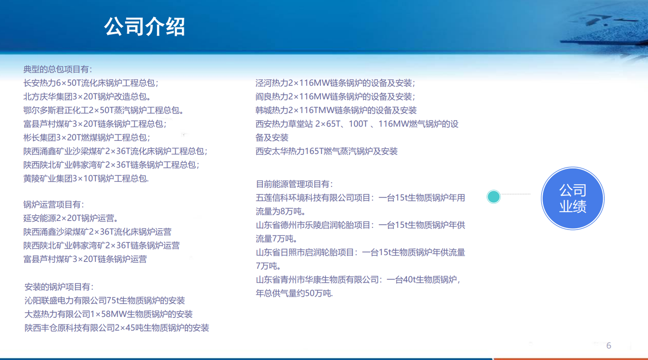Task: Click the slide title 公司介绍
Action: pos(144,27)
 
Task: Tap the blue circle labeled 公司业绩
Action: pos(572,198)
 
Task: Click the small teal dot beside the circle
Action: pos(494,197)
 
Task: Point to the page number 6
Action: pos(609,346)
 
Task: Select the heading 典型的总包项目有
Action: pos(58,69)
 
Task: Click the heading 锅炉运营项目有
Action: pos(54,205)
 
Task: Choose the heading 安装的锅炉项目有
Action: pos(59,287)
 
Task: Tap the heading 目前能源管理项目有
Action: pos(294,184)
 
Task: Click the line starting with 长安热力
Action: pos(91,83)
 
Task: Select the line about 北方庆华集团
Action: pos(87,97)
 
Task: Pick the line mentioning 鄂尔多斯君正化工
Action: pos(103,110)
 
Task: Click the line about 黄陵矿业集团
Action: pos(86,179)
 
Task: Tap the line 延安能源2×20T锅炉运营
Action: pos(71,218)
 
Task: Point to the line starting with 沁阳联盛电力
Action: pos(105,301)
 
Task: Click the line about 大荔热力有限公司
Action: pos(108,314)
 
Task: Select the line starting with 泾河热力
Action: pos(335,83)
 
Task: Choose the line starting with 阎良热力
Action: pos(335,97)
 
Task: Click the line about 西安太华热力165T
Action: pos(327,151)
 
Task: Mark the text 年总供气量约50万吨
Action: pos(294,293)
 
